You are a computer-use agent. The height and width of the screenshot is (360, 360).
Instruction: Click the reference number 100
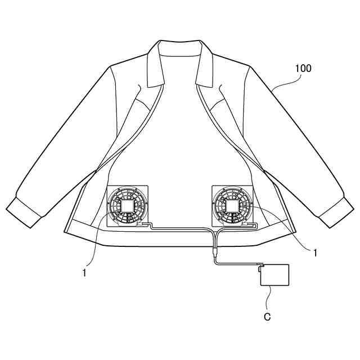[303, 69]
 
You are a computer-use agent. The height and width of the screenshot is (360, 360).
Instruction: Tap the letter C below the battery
[268, 317]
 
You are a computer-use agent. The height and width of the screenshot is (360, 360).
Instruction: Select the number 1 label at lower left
[84, 273]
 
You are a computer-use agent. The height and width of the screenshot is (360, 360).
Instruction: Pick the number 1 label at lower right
[315, 253]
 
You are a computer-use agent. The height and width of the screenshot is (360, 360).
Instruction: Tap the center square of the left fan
[128, 207]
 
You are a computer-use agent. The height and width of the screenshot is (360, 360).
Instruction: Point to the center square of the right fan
[232, 207]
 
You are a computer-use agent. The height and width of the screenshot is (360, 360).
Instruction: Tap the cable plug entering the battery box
[260, 268]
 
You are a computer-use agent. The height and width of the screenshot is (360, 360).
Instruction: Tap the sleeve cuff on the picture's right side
[335, 212]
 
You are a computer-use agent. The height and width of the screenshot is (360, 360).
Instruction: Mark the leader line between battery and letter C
[270, 298]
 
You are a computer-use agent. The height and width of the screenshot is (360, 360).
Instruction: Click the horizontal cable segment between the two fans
[180, 228]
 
